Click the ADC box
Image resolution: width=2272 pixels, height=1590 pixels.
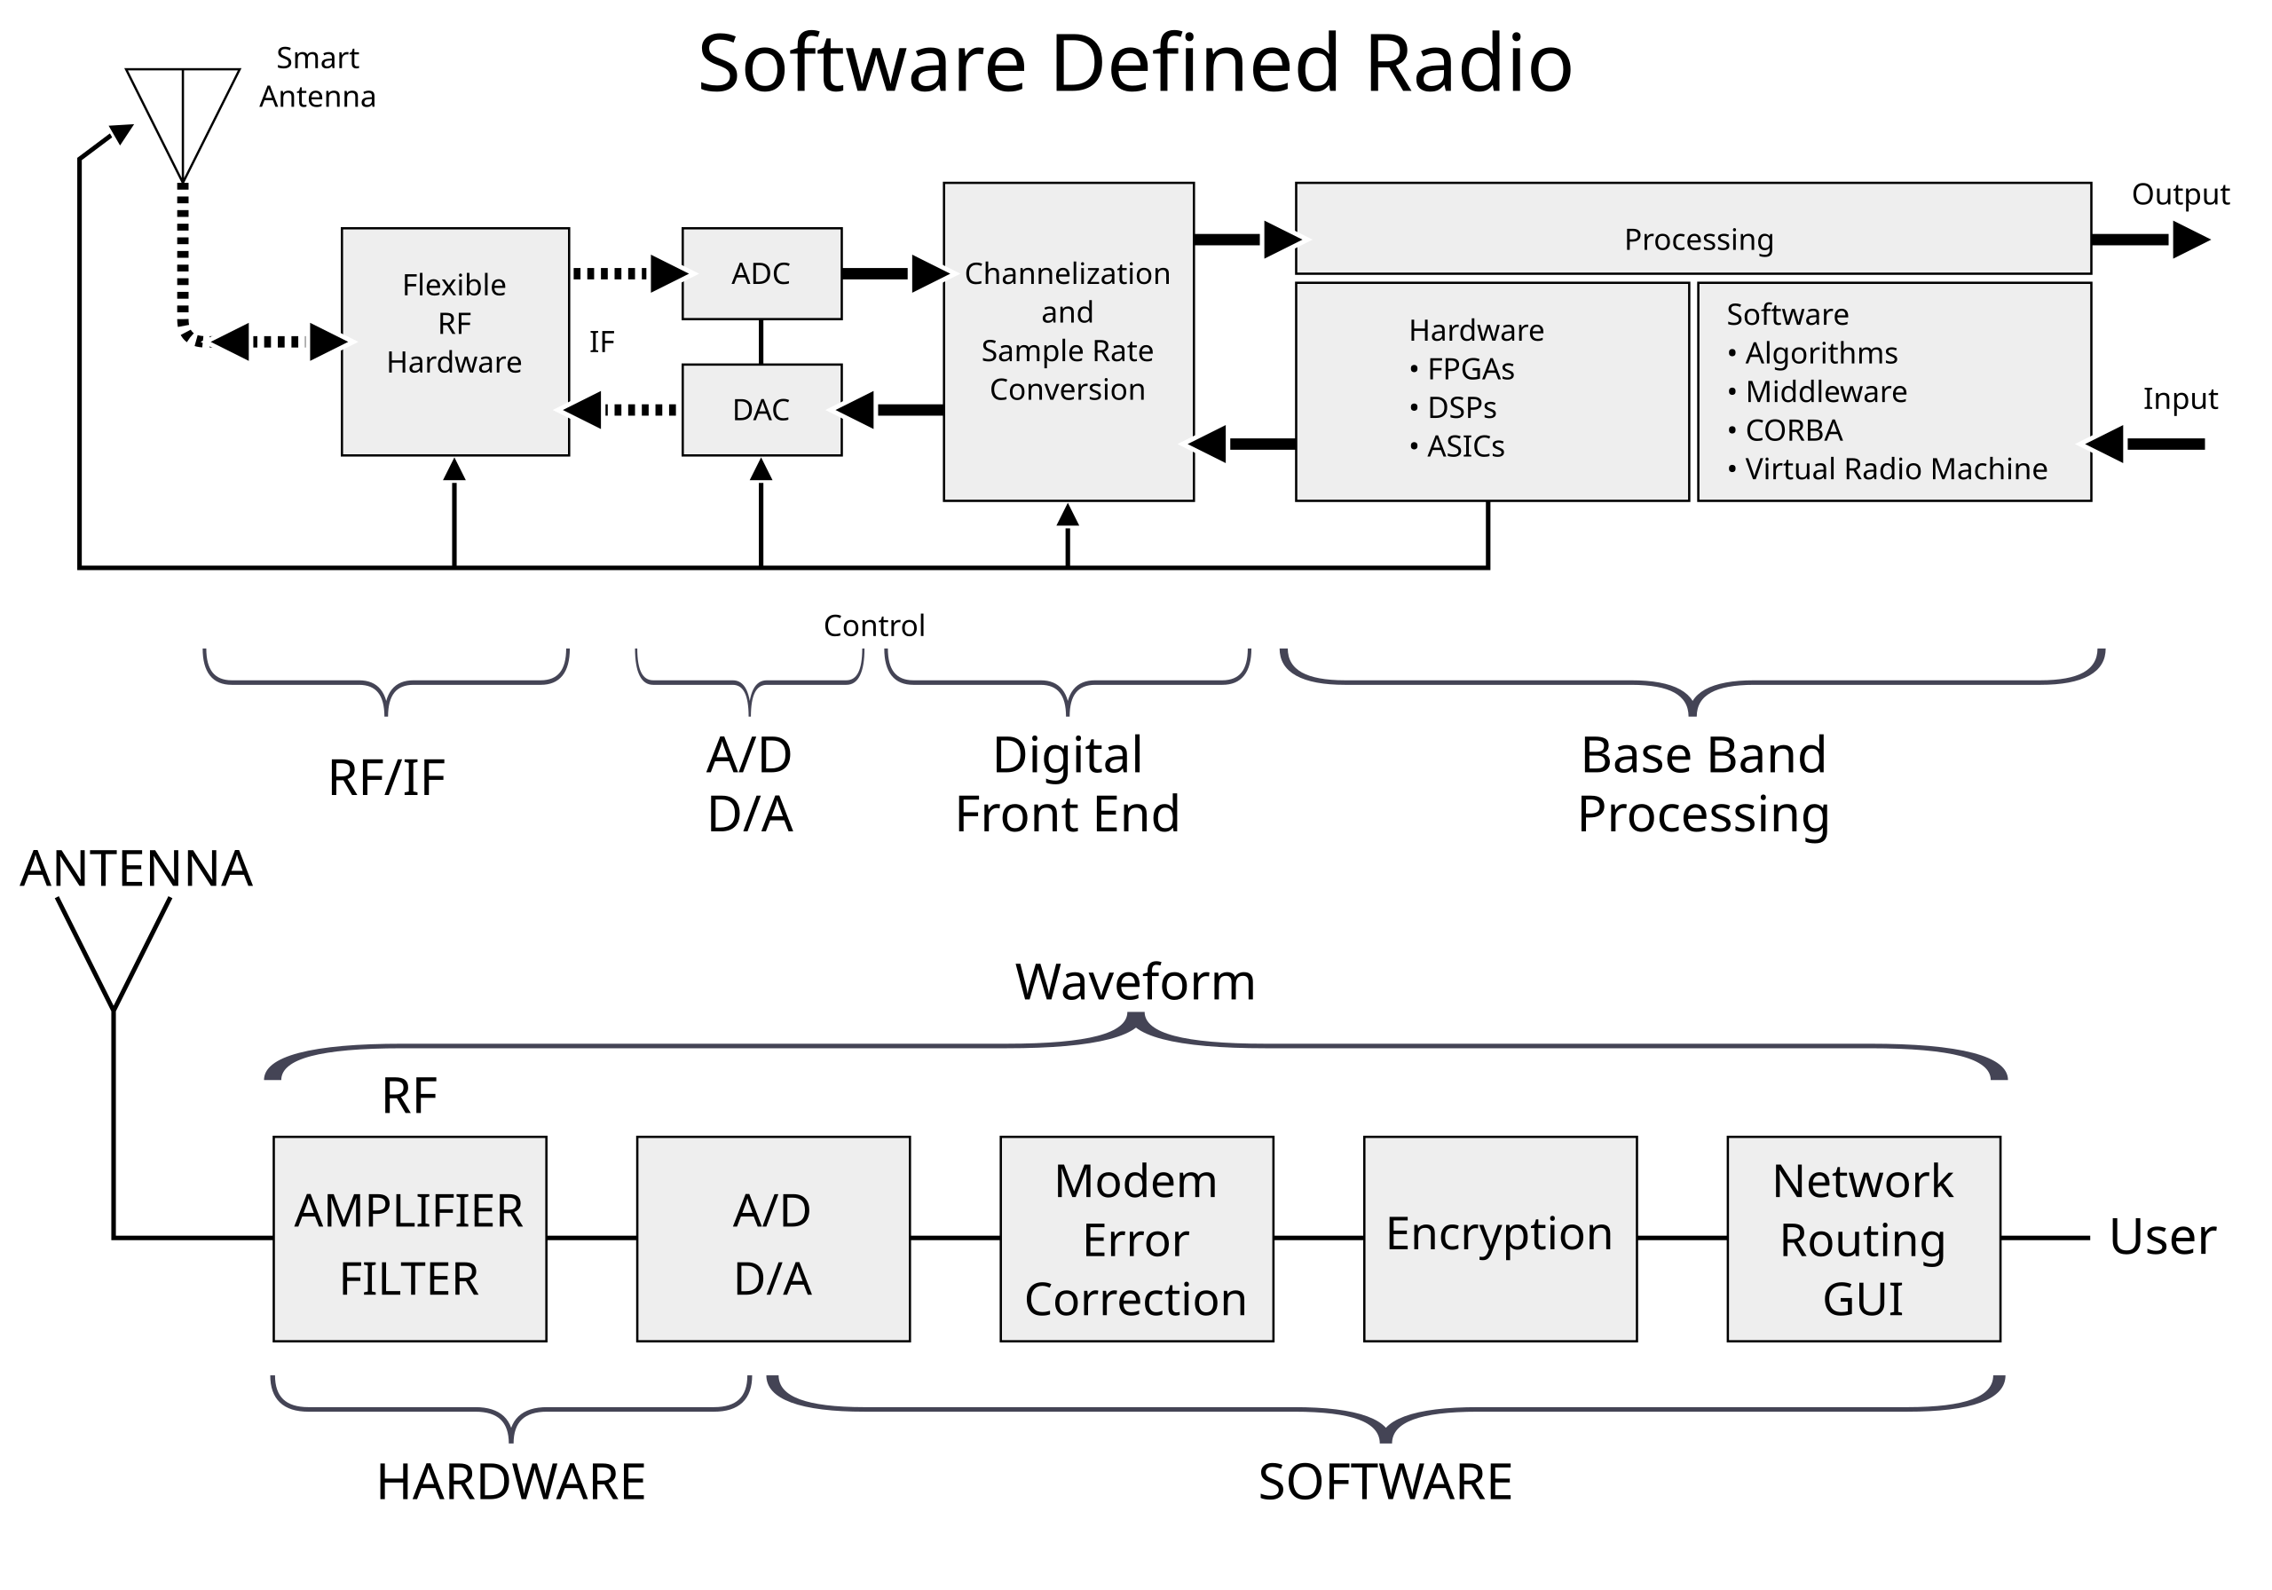point(761,273)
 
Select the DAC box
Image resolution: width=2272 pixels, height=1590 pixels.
point(761,410)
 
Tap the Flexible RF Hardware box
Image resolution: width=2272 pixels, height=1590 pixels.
point(454,341)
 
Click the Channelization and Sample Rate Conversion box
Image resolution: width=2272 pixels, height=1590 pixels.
point(1068,341)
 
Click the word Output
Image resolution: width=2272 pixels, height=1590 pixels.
point(2179,195)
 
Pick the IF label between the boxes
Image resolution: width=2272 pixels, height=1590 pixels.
point(602,342)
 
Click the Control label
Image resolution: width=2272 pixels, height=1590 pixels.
point(874,626)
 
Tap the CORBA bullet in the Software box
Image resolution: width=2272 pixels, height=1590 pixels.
point(1792,430)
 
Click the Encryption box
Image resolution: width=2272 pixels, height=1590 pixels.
point(1499,1238)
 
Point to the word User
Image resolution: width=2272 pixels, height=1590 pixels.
point(2161,1238)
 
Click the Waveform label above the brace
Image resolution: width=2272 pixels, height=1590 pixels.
point(1135,982)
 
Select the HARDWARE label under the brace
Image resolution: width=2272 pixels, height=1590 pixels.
point(510,1481)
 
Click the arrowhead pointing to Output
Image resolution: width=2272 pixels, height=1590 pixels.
point(2189,240)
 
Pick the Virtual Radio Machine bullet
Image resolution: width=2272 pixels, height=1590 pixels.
point(1894,469)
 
